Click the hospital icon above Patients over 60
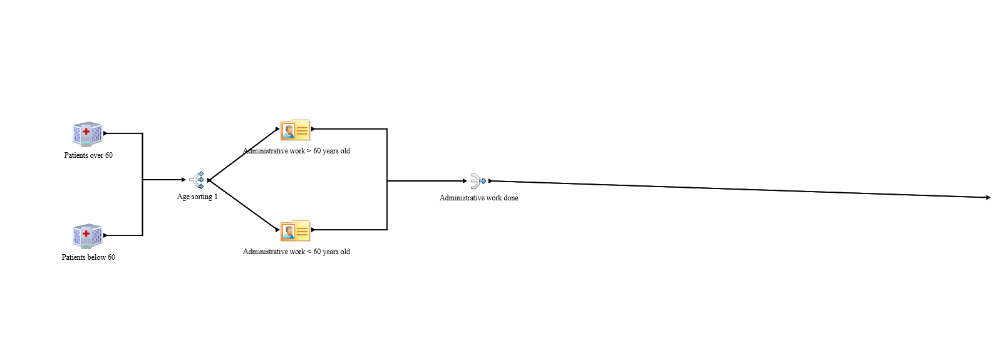point(88,134)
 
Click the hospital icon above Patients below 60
point(88,236)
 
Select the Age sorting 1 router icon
point(198,180)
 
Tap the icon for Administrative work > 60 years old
point(296,130)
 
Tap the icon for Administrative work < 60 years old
point(296,231)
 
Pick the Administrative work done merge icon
point(478,181)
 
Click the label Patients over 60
point(88,155)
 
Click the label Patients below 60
point(88,257)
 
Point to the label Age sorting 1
point(197,197)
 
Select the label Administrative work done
point(478,198)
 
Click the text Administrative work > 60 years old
point(296,151)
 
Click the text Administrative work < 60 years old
point(296,252)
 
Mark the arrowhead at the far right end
point(988,197)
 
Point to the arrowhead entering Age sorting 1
point(183,180)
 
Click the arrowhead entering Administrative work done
point(464,181)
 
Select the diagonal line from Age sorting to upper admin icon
point(243,155)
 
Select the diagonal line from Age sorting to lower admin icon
point(243,205)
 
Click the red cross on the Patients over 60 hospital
point(86,131)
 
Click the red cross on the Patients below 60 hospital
point(86,234)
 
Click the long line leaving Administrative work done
point(739,189)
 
